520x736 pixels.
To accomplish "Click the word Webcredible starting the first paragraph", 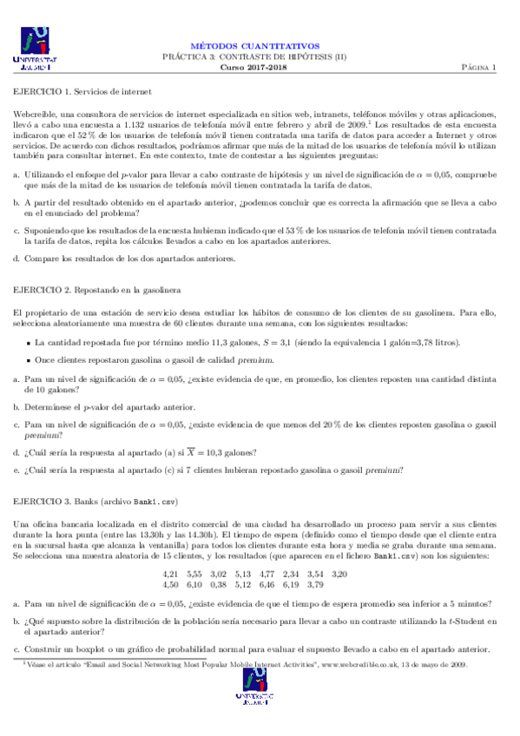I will [36, 115].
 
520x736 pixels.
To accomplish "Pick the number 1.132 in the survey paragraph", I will [138, 126].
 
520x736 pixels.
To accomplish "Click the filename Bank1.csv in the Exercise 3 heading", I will [151, 502].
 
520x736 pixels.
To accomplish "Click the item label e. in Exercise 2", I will [16, 470].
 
